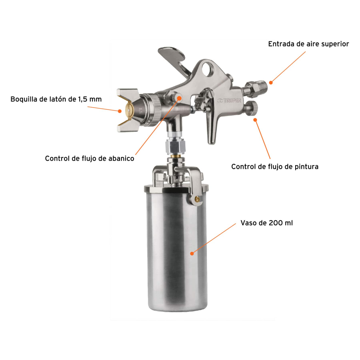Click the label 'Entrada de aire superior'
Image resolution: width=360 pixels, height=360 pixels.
pyautogui.click(x=309, y=44)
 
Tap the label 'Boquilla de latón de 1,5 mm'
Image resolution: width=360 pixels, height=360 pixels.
pyautogui.click(x=56, y=99)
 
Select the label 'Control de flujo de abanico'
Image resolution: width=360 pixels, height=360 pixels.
pyautogui.click(x=90, y=158)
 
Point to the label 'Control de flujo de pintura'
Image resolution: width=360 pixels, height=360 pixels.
pyautogui.click(x=275, y=166)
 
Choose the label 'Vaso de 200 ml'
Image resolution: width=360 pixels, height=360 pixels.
pyautogui.click(x=266, y=223)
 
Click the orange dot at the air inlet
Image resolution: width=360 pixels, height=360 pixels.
pyautogui.click(x=271, y=83)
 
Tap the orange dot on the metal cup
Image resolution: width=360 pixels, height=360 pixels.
pyautogui.click(x=192, y=253)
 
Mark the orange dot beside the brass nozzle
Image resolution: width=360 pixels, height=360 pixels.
pyautogui.click(x=120, y=111)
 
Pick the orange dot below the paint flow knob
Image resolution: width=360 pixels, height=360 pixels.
pyautogui.click(x=255, y=120)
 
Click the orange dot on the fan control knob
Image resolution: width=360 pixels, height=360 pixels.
pyautogui.click(x=180, y=98)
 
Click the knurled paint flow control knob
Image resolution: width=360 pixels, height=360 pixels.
pyautogui.click(x=252, y=108)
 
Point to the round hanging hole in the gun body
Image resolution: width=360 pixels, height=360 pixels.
pyautogui.click(x=208, y=69)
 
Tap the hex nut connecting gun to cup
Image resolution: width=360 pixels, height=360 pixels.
pyautogui.click(x=175, y=146)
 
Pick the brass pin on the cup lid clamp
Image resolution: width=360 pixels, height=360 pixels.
pyautogui.click(x=197, y=199)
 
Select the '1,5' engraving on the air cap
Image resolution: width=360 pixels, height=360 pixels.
pyautogui.click(x=140, y=111)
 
